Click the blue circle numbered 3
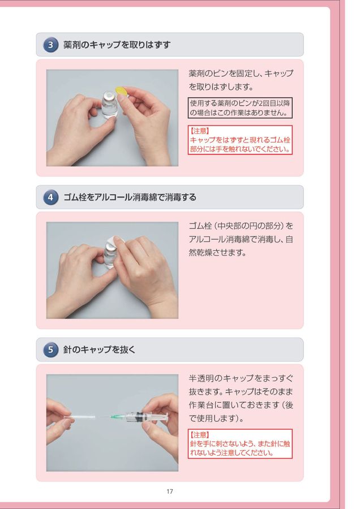point(51,45)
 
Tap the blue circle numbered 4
point(51,197)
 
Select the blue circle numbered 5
point(51,350)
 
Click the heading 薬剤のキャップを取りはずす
point(117,45)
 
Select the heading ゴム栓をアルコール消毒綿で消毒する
point(130,197)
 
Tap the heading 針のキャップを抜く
point(99,350)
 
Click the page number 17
point(170,491)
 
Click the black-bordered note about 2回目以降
point(240,108)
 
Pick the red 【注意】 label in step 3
point(199,131)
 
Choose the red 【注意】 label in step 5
point(199,435)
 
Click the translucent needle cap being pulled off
point(80,417)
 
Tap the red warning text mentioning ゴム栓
point(240,144)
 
